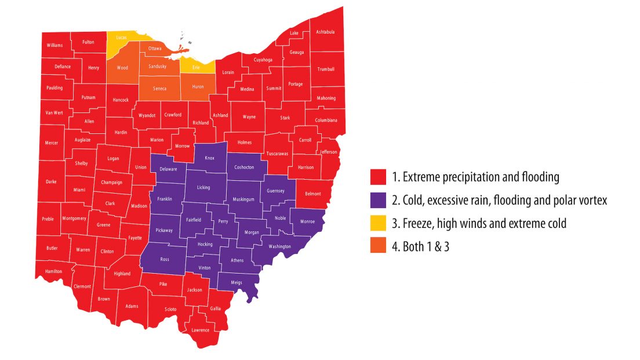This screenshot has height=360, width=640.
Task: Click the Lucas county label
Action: click(121, 38)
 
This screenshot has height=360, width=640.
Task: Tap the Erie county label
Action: click(196, 68)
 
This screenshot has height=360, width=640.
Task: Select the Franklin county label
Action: click(164, 199)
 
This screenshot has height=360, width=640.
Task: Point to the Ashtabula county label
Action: click(325, 32)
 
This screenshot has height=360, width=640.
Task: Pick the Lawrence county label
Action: click(200, 330)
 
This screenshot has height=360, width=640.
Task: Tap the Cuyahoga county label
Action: click(263, 60)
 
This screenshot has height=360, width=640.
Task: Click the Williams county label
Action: click(55, 45)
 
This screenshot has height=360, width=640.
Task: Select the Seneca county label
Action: click(159, 89)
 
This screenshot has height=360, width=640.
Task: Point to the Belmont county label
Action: click(313, 194)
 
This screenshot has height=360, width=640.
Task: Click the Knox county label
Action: click(209, 158)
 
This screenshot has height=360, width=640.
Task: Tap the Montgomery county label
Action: click(74, 219)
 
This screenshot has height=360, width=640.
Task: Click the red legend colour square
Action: click(379, 177)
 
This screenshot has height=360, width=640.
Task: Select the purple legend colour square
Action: click(379, 200)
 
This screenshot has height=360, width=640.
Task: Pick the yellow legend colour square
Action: click(379, 223)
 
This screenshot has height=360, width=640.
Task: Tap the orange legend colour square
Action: click(379, 246)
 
